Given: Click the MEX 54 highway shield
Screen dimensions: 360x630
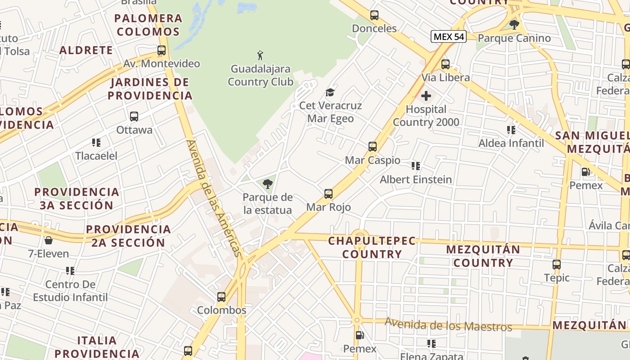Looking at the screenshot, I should [448, 36].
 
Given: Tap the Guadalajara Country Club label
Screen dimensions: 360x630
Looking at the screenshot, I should [261, 75].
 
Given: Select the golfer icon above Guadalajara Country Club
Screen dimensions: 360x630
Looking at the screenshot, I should [260, 56].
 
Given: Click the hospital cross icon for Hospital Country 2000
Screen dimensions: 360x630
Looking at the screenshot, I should [426, 96].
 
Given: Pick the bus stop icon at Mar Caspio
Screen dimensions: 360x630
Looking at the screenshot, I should [373, 146].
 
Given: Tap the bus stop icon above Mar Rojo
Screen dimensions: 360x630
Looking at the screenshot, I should [328, 194].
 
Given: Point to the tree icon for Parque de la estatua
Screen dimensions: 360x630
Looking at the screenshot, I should [268, 184].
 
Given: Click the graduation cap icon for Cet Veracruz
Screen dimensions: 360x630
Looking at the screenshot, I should [330, 93].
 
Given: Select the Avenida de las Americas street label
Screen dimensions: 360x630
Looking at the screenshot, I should [214, 198].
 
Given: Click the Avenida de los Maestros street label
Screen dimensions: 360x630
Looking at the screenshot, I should [448, 324].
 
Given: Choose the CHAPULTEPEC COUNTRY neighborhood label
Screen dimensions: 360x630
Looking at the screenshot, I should [372, 247].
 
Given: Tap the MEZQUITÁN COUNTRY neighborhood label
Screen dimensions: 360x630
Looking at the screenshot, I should [483, 256].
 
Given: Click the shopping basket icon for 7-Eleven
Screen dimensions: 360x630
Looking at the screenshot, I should [48, 240].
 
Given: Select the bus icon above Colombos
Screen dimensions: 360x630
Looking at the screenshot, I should [221, 297].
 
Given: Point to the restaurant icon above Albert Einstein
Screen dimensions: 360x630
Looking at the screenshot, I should [416, 166].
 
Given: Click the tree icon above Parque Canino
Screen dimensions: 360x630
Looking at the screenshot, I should [514, 24].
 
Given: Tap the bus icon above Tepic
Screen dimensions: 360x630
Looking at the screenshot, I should [557, 265].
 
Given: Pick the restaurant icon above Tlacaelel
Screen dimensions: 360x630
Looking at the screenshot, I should [96, 143].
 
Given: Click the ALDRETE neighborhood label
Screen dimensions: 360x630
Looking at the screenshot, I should [86, 50].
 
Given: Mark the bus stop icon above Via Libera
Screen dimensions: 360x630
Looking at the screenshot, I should [445, 64].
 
